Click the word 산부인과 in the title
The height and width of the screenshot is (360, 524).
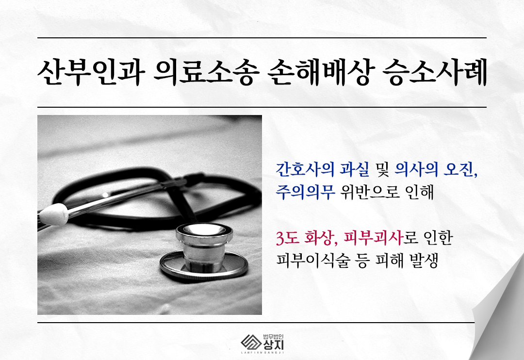(91, 73)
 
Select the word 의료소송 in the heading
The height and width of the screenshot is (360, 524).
(207, 73)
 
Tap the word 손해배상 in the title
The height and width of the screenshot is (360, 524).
(321, 73)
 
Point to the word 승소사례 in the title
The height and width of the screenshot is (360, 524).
(434, 73)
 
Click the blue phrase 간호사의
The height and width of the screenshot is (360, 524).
(305, 169)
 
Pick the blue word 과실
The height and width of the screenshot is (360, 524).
(355, 169)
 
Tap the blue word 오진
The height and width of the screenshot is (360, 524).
(460, 169)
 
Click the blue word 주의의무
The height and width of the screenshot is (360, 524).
(305, 192)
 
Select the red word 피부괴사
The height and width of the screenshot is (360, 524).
(373, 238)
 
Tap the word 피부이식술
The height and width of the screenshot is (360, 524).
(312, 261)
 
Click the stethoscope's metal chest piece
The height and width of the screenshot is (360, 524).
(204, 251)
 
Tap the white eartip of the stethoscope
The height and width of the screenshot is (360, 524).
(53, 214)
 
